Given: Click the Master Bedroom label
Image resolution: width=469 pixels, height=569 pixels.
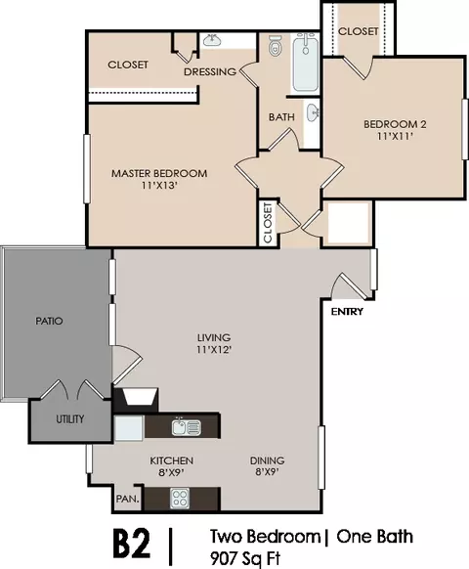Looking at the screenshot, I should tap(158, 173).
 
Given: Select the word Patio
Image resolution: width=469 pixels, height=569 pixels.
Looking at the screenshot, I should tap(50, 320).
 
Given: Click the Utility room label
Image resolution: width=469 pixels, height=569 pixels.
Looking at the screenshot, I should tap(70, 419).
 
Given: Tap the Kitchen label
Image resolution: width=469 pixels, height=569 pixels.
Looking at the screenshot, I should tap(171, 460).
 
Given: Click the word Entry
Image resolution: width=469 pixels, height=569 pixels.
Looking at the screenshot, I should tap(347, 312).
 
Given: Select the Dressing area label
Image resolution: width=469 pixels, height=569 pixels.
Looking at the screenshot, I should tap(210, 71).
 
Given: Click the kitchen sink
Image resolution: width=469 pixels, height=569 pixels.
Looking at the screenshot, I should tap(186, 426).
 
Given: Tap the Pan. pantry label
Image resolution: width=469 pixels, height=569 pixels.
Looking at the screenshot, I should tap(127, 499).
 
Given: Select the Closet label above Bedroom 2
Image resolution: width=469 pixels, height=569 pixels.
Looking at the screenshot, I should tap(358, 31).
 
